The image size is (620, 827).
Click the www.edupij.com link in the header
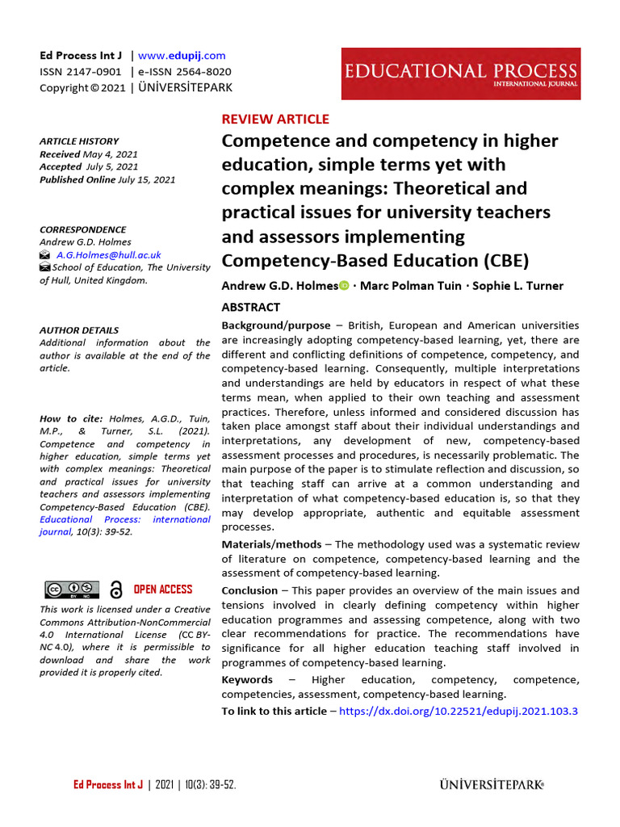[182, 56]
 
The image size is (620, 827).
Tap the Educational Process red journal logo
[460, 73]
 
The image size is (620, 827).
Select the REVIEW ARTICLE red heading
[275, 119]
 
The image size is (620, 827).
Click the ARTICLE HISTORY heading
[79, 141]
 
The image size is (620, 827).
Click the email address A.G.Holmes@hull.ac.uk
[108, 254]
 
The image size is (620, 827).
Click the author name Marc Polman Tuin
[409, 286]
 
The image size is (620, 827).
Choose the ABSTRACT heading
[251, 307]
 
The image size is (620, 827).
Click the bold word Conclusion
[250, 590]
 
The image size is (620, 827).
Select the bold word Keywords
[247, 679]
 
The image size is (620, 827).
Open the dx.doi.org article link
[458, 711]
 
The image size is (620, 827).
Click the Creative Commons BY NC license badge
[71, 590]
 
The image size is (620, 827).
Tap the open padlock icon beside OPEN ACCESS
[116, 590]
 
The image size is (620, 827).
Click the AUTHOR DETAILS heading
[79, 330]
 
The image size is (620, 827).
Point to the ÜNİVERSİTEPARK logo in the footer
[492, 784]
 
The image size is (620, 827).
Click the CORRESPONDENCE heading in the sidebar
[83, 229]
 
